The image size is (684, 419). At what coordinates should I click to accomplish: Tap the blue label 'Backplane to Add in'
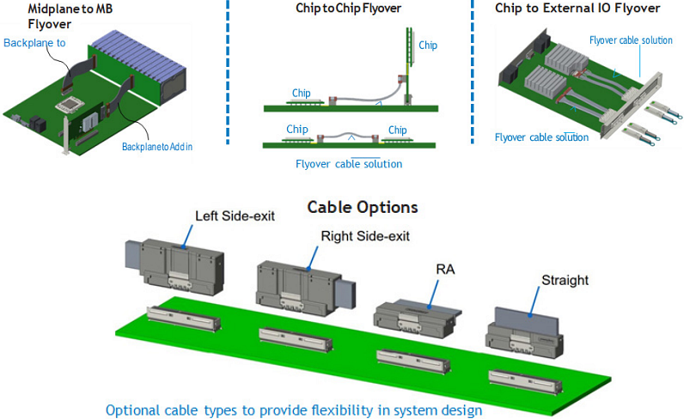[156, 146]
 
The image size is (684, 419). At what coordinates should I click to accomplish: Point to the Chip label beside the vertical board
[427, 45]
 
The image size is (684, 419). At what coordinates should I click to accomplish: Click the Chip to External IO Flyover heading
[577, 9]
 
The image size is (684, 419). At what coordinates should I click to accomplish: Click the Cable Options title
[363, 207]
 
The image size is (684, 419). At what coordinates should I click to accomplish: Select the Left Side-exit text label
[235, 216]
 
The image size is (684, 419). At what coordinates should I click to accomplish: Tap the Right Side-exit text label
[365, 235]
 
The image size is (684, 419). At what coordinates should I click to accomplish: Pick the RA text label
[444, 270]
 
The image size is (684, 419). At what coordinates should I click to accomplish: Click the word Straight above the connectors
[565, 280]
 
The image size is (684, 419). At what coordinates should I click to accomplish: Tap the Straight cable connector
[524, 330]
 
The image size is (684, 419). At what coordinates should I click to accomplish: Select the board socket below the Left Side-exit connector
[184, 319]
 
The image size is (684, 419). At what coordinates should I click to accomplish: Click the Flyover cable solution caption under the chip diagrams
[349, 164]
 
